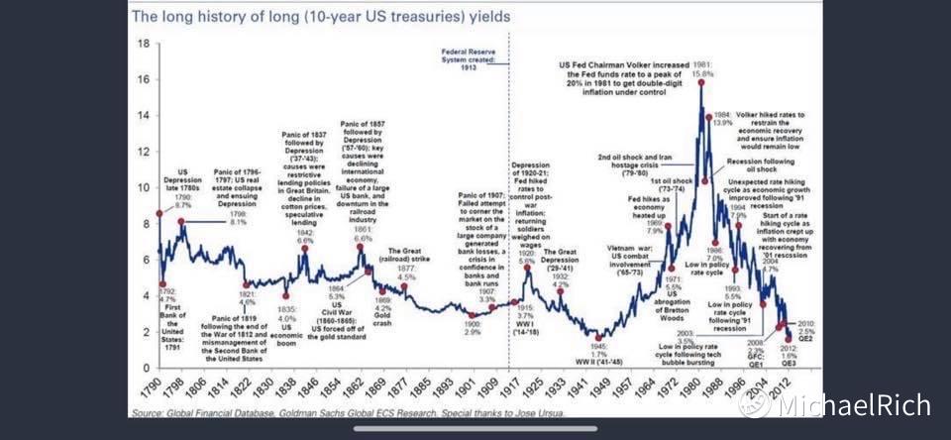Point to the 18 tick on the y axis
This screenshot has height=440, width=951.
pos(144,44)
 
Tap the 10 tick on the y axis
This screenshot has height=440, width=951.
pos(144,188)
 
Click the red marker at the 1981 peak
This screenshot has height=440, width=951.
pos(700,82)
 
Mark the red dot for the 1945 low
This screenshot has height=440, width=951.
pos(596,337)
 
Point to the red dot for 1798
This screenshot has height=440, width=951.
pos(180,222)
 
